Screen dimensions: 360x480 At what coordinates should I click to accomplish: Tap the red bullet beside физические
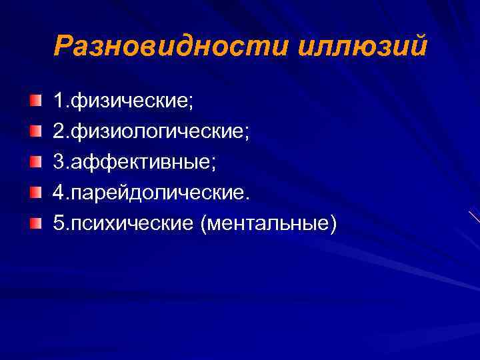pyautogui.click(x=35, y=101)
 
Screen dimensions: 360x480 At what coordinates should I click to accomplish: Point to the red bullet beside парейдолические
pyautogui.click(x=35, y=192)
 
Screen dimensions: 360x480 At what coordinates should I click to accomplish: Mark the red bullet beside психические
pyautogui.click(x=35, y=222)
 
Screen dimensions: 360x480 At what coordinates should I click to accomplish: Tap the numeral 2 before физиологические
pyautogui.click(x=59, y=133)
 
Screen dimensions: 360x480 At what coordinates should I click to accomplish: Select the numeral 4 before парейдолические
pyautogui.click(x=59, y=193)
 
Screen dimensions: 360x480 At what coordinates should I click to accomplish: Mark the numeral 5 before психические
pyautogui.click(x=59, y=223)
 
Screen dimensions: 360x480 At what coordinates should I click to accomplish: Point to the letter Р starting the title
pyautogui.click(x=63, y=46)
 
